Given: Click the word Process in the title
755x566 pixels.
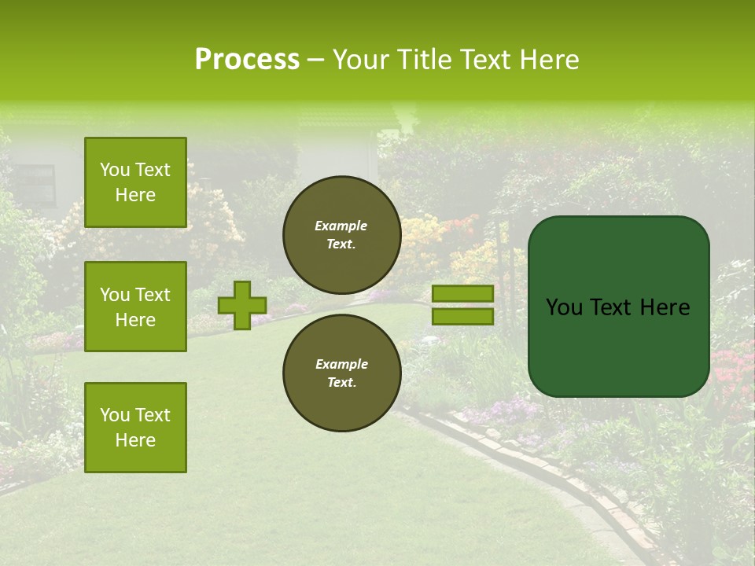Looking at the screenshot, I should (247, 60).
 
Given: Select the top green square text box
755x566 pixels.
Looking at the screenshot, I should (135, 182).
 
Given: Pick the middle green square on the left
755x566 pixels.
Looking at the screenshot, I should (135, 307).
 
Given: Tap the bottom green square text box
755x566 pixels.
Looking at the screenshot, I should (135, 428).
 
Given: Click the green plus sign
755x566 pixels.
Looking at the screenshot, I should (242, 305).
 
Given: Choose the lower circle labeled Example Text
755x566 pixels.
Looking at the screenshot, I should (341, 373).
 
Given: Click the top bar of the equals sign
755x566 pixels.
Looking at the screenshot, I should (463, 293).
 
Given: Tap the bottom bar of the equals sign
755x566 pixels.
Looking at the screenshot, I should (463, 316).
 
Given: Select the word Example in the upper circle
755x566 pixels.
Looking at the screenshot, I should (341, 226).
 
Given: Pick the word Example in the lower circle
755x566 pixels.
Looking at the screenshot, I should (341, 364).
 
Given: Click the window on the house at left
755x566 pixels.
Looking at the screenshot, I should (33, 186).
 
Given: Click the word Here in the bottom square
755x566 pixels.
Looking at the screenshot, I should (135, 440).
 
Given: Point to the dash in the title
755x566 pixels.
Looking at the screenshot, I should (315, 60).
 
